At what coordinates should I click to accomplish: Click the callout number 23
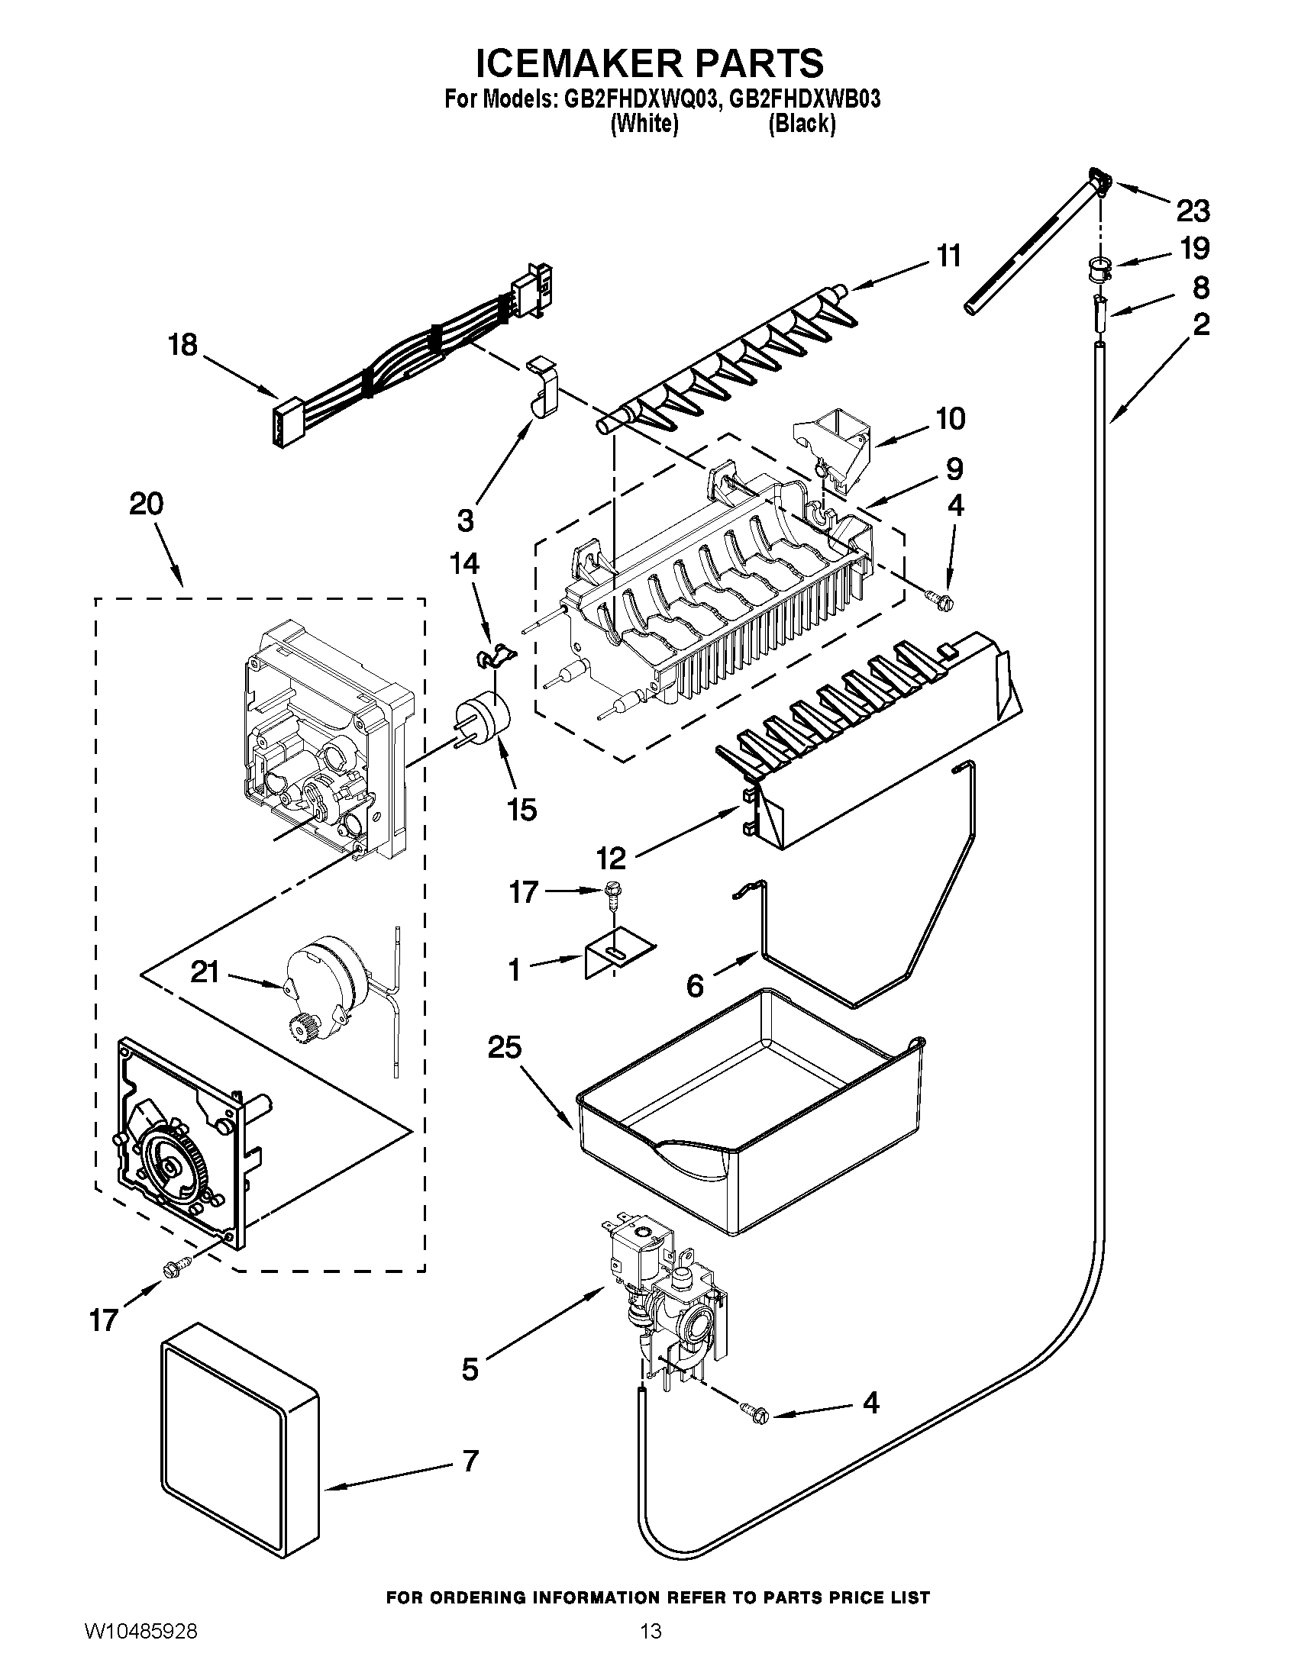point(1193,210)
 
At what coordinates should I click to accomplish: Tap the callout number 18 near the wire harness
point(183,345)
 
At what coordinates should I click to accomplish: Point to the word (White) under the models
point(644,123)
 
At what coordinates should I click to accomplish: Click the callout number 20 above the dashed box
point(146,504)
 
